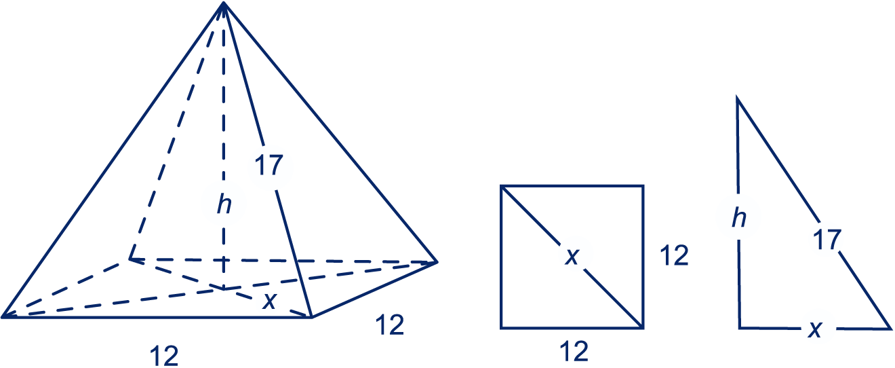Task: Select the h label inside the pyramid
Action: [223, 204]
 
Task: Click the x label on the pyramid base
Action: [270, 303]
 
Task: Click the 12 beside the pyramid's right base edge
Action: [389, 327]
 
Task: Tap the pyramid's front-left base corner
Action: [4, 316]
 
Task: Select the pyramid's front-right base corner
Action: [311, 316]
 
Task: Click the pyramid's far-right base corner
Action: [437, 261]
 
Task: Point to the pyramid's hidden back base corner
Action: [130, 259]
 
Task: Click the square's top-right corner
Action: [643, 185]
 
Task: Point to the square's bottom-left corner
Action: [501, 328]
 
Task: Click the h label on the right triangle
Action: [738, 218]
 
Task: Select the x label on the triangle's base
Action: [816, 329]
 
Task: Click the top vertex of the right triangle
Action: [738, 99]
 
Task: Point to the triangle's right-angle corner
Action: [739, 327]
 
